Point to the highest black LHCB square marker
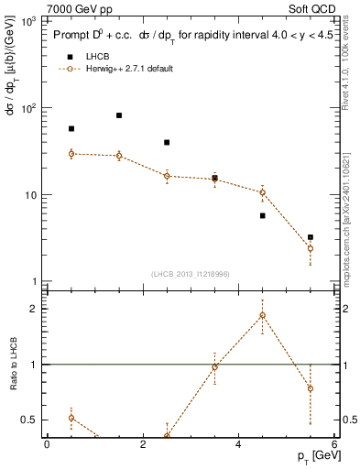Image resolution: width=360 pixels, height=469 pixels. tap(119, 115)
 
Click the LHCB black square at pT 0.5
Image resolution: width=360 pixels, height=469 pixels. tap(71, 129)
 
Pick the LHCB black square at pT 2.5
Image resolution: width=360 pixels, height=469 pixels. tap(167, 142)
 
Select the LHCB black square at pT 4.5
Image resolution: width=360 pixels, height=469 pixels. tap(263, 215)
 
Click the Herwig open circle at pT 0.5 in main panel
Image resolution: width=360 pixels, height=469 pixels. tap(71, 154)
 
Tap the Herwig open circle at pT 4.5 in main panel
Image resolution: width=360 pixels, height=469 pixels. tap(263, 192)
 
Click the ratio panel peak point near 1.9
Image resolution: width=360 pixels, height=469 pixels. tap(263, 315)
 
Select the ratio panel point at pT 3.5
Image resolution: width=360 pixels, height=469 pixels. tap(215, 366)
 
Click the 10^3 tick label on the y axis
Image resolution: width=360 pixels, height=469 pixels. tap(27, 21)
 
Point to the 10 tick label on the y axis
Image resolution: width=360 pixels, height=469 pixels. tap(30, 195)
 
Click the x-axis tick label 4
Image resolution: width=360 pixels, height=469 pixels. tap(239, 444)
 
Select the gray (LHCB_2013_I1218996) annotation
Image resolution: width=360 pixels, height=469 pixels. tap(191, 274)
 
